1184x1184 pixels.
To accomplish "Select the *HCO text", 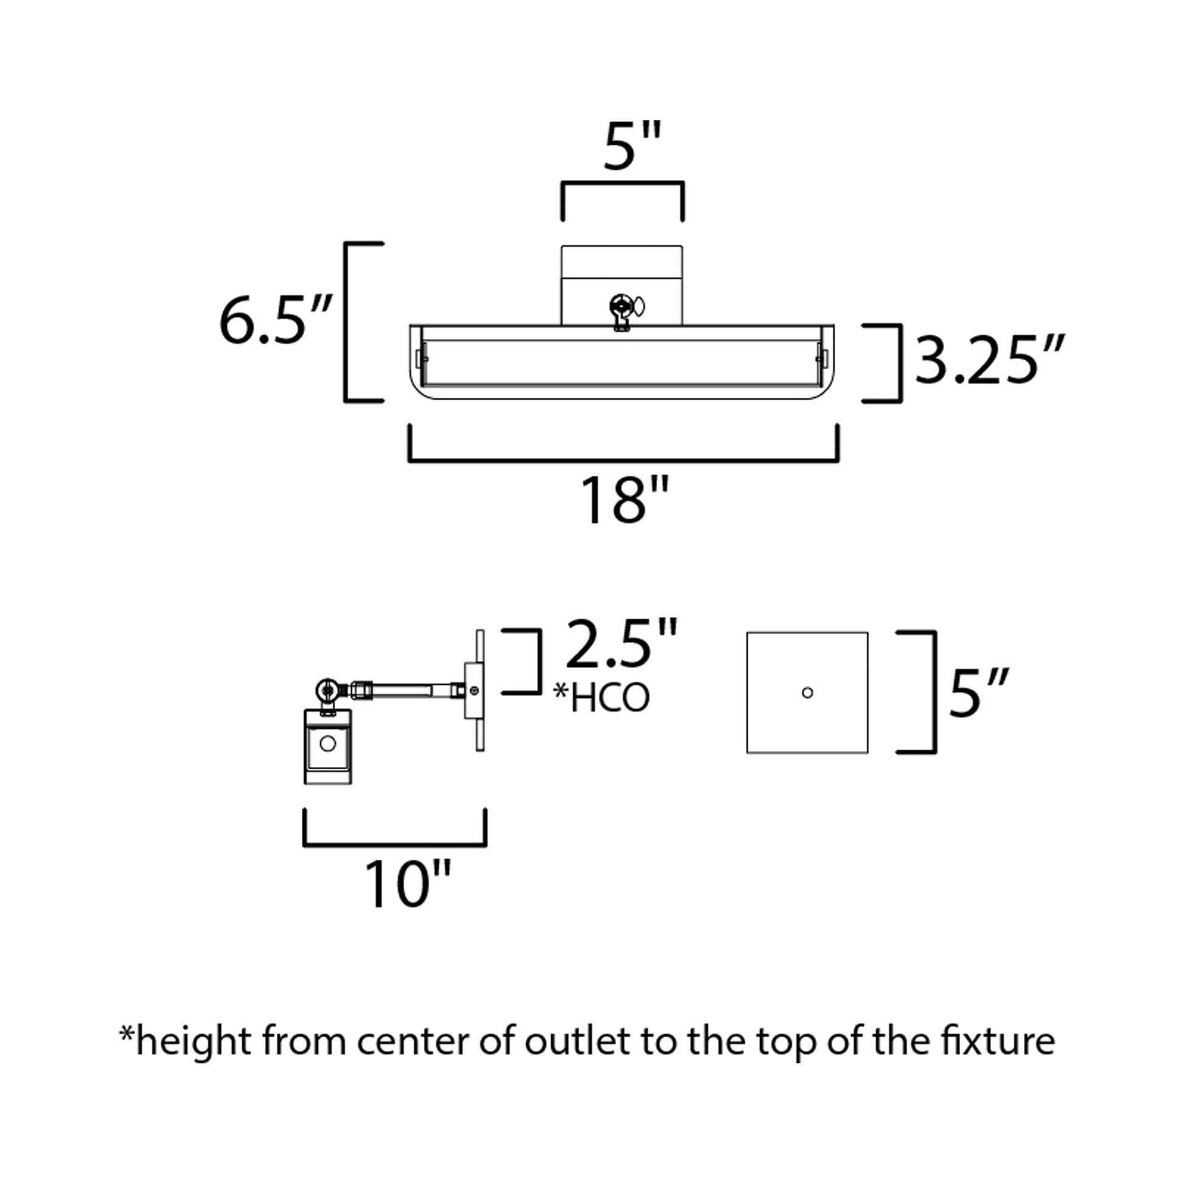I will pyautogui.click(x=601, y=698).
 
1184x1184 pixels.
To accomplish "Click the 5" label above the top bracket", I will pyautogui.click(x=633, y=147).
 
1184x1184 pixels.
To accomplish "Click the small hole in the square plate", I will pyautogui.click(x=807, y=692).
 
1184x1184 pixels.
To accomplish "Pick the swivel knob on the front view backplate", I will pyautogui.click(x=622, y=305).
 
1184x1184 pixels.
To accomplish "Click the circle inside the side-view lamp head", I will pyautogui.click(x=328, y=743).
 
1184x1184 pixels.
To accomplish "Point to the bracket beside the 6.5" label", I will pyautogui.click(x=348, y=322).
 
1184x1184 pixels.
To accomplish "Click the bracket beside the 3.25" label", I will pyautogui.click(x=899, y=363).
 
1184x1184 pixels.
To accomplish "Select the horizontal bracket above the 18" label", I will pyautogui.click(x=623, y=459).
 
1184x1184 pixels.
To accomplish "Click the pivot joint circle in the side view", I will pyautogui.click(x=329, y=691).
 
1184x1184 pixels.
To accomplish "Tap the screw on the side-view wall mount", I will pyautogui.click(x=473, y=691).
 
